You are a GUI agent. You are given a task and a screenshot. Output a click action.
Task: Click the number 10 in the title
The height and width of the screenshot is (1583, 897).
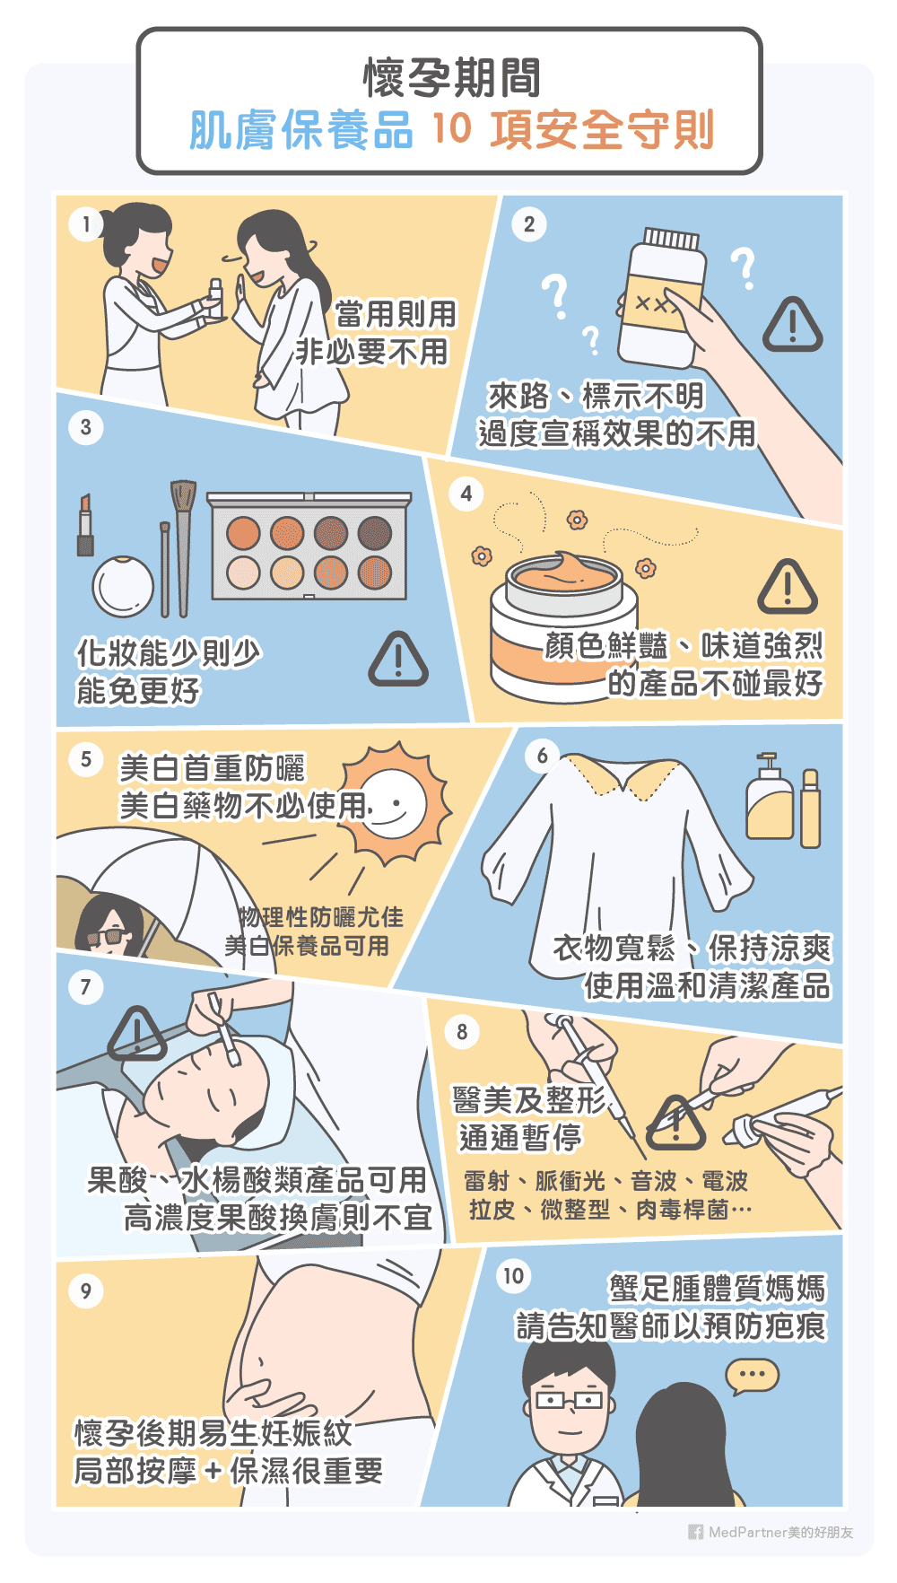click(451, 128)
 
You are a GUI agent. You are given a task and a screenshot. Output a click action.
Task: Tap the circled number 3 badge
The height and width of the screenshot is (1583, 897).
click(85, 426)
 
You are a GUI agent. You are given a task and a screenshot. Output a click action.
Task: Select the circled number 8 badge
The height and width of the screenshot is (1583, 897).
click(462, 1031)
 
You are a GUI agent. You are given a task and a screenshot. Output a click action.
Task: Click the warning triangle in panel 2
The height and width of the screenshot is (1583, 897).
click(792, 325)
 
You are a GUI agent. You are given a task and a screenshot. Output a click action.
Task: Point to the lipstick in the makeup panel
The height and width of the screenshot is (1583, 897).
click(85, 525)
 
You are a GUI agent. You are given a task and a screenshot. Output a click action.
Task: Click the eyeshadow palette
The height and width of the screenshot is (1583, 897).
click(309, 547)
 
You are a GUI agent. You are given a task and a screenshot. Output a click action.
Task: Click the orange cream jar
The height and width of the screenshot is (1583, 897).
click(563, 628)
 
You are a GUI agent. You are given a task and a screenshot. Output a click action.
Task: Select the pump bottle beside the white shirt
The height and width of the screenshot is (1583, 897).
click(770, 799)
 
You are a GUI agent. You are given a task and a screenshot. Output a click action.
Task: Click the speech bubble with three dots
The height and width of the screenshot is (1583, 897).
click(752, 1375)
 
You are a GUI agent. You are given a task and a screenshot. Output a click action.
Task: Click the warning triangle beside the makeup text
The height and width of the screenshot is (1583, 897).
click(398, 660)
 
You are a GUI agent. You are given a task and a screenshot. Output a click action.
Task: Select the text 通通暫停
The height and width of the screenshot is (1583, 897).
click(520, 1138)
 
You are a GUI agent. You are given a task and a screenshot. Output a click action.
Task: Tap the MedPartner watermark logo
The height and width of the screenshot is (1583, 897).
click(695, 1532)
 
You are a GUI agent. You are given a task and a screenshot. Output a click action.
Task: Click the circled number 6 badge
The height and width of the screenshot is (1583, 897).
click(542, 756)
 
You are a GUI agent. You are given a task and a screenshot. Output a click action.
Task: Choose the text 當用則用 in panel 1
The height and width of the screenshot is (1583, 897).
click(396, 314)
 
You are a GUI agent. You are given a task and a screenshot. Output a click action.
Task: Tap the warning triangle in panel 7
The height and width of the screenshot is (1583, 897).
click(136, 1035)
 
